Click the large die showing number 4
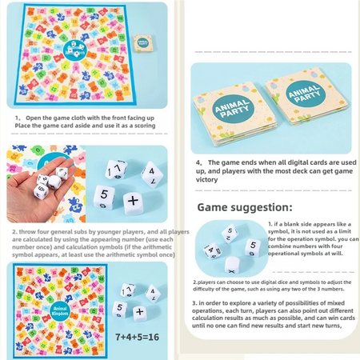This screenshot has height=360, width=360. pos(150,173)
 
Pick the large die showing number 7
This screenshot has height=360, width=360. pos(118,170)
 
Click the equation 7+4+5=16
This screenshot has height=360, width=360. pos(137,336)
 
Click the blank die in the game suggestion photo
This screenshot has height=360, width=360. pos(233,263)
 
